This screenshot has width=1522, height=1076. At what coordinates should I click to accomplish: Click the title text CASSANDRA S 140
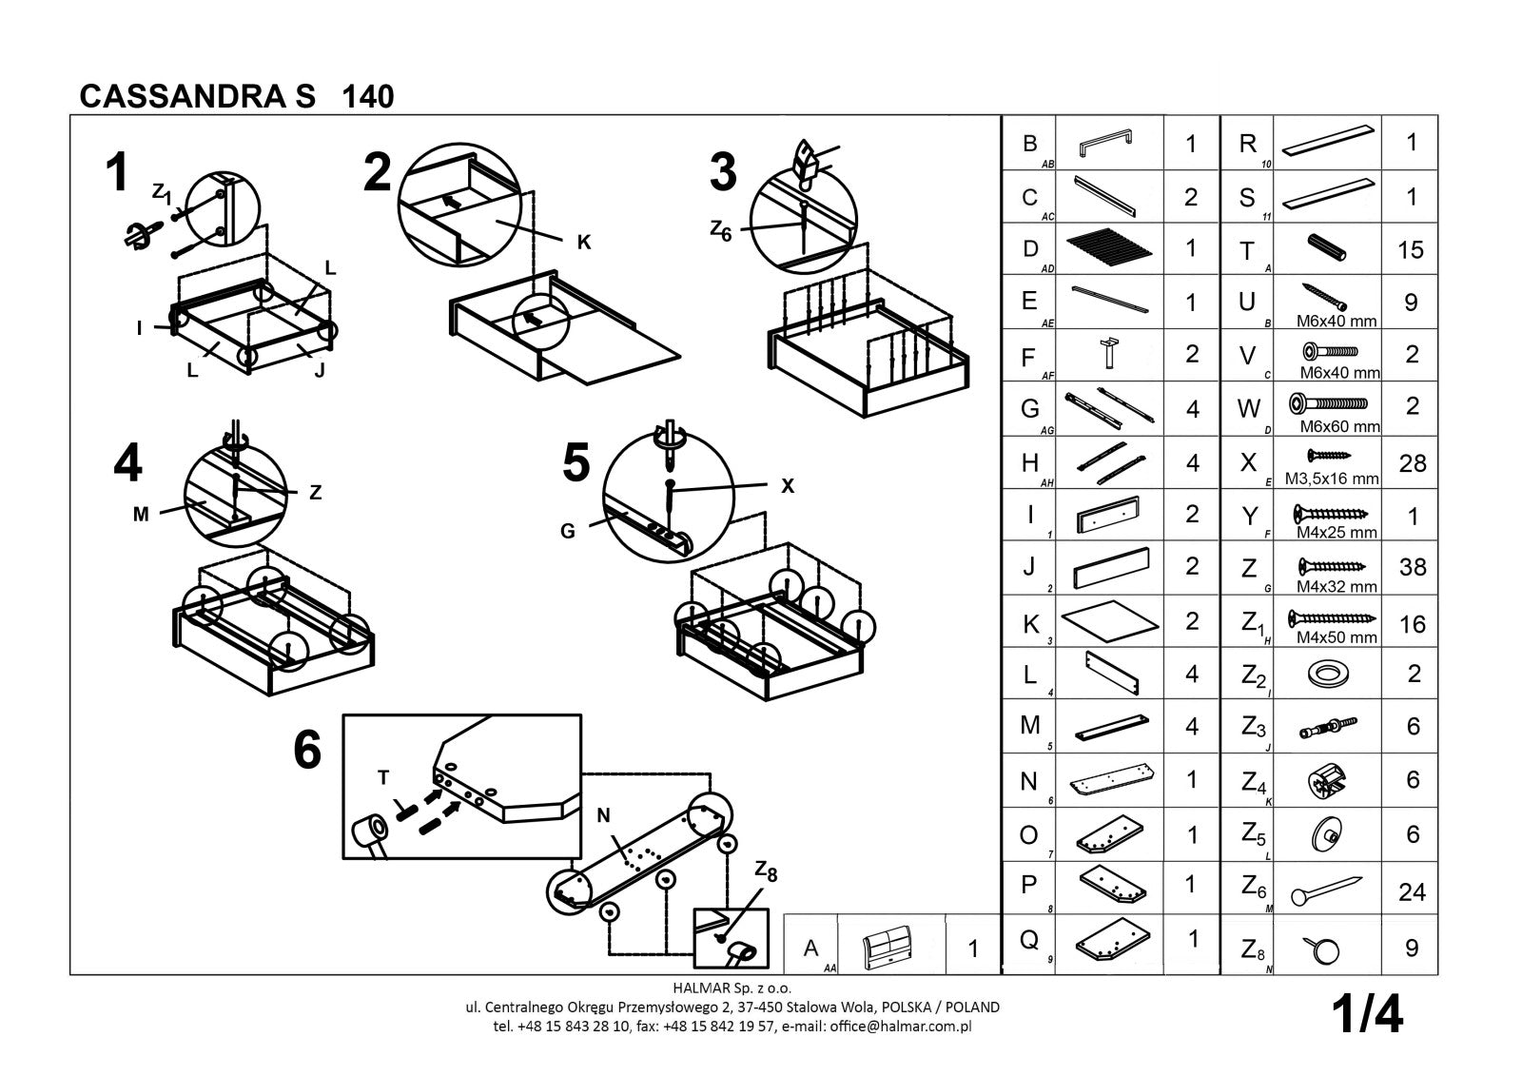tap(237, 96)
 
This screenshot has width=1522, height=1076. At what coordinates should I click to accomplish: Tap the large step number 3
tap(724, 173)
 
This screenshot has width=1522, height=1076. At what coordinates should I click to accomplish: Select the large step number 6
tap(307, 752)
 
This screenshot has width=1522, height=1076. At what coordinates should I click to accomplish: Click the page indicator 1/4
tap(1368, 1014)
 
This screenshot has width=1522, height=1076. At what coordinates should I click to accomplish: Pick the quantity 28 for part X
tap(1413, 463)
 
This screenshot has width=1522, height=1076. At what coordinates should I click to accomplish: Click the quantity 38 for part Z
tap(1413, 567)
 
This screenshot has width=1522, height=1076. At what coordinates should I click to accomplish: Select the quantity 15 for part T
tap(1411, 250)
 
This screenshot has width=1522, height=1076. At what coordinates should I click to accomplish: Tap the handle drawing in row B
tap(1105, 144)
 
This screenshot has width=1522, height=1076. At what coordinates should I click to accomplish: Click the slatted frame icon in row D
tap(1110, 250)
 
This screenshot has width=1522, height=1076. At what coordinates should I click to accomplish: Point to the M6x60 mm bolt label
tap(1338, 426)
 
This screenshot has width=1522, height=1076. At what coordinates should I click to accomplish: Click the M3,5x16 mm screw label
tap(1331, 479)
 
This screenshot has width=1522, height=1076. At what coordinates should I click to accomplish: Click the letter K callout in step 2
tap(584, 243)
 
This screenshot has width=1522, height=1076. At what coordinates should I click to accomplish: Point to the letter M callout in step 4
tap(141, 515)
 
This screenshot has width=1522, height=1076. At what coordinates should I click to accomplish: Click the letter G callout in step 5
tap(567, 531)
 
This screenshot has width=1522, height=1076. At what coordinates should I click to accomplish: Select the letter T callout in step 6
tap(383, 777)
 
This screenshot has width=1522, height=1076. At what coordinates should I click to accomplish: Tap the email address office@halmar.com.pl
tap(900, 1027)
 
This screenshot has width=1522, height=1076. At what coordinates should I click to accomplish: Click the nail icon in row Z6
tap(1326, 890)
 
